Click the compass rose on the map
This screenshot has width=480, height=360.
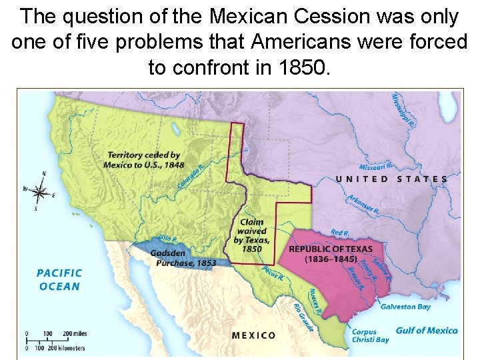point(40,192)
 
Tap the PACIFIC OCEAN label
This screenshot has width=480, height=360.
point(59,280)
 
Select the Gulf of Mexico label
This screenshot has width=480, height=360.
point(427,331)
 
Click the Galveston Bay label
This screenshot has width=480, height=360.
point(405,307)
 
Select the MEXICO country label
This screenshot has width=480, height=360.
point(253,335)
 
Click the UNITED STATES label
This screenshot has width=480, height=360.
point(391,179)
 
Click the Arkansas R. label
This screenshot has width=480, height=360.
point(363,205)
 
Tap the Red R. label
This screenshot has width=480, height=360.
point(340,233)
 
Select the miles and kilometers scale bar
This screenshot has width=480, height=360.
point(57,340)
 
